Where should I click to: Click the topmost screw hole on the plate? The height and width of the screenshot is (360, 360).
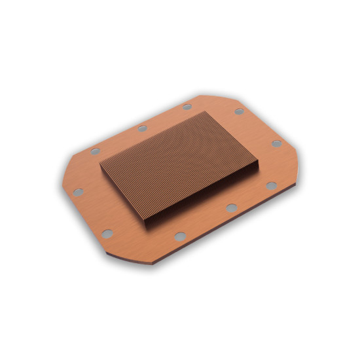(x=187, y=107)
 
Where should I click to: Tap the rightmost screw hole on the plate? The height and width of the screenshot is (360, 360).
(x=277, y=143)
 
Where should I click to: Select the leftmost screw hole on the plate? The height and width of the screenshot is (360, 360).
(x=78, y=192)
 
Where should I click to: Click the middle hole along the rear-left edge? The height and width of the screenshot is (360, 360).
(x=142, y=128)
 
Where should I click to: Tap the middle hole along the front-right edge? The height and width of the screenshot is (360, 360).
(x=231, y=207)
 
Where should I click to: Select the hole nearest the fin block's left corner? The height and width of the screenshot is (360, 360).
(x=96, y=151)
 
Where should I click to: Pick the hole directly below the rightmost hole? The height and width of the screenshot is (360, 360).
(x=271, y=186)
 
